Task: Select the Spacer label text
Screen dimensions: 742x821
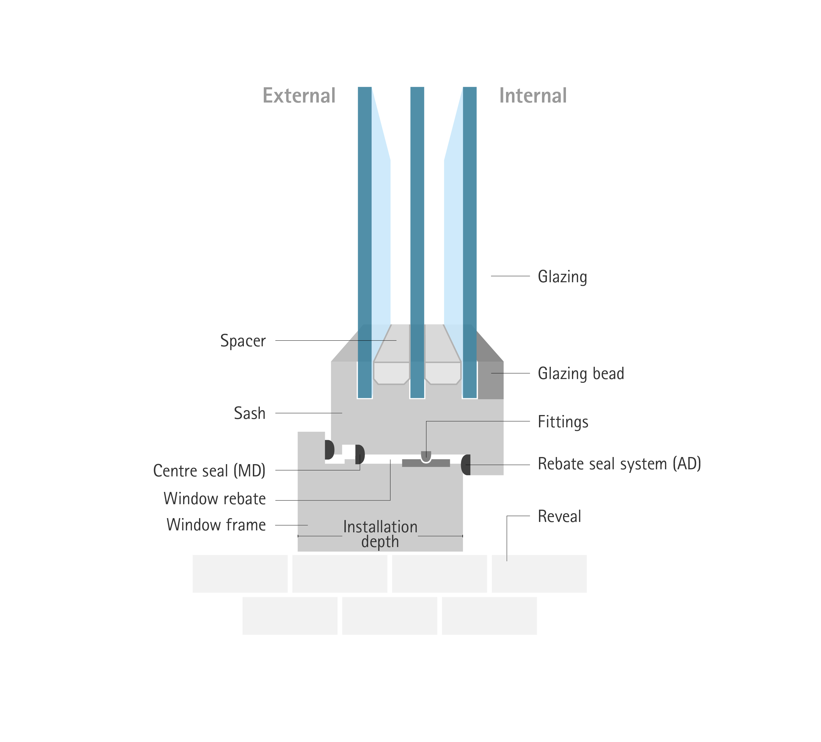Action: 243,341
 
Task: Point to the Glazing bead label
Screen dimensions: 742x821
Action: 581,374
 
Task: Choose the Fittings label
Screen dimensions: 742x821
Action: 563,422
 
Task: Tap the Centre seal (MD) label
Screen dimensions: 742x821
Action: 209,471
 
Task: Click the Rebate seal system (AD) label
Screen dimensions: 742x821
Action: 619,464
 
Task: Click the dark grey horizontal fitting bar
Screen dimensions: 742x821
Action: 426,463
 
